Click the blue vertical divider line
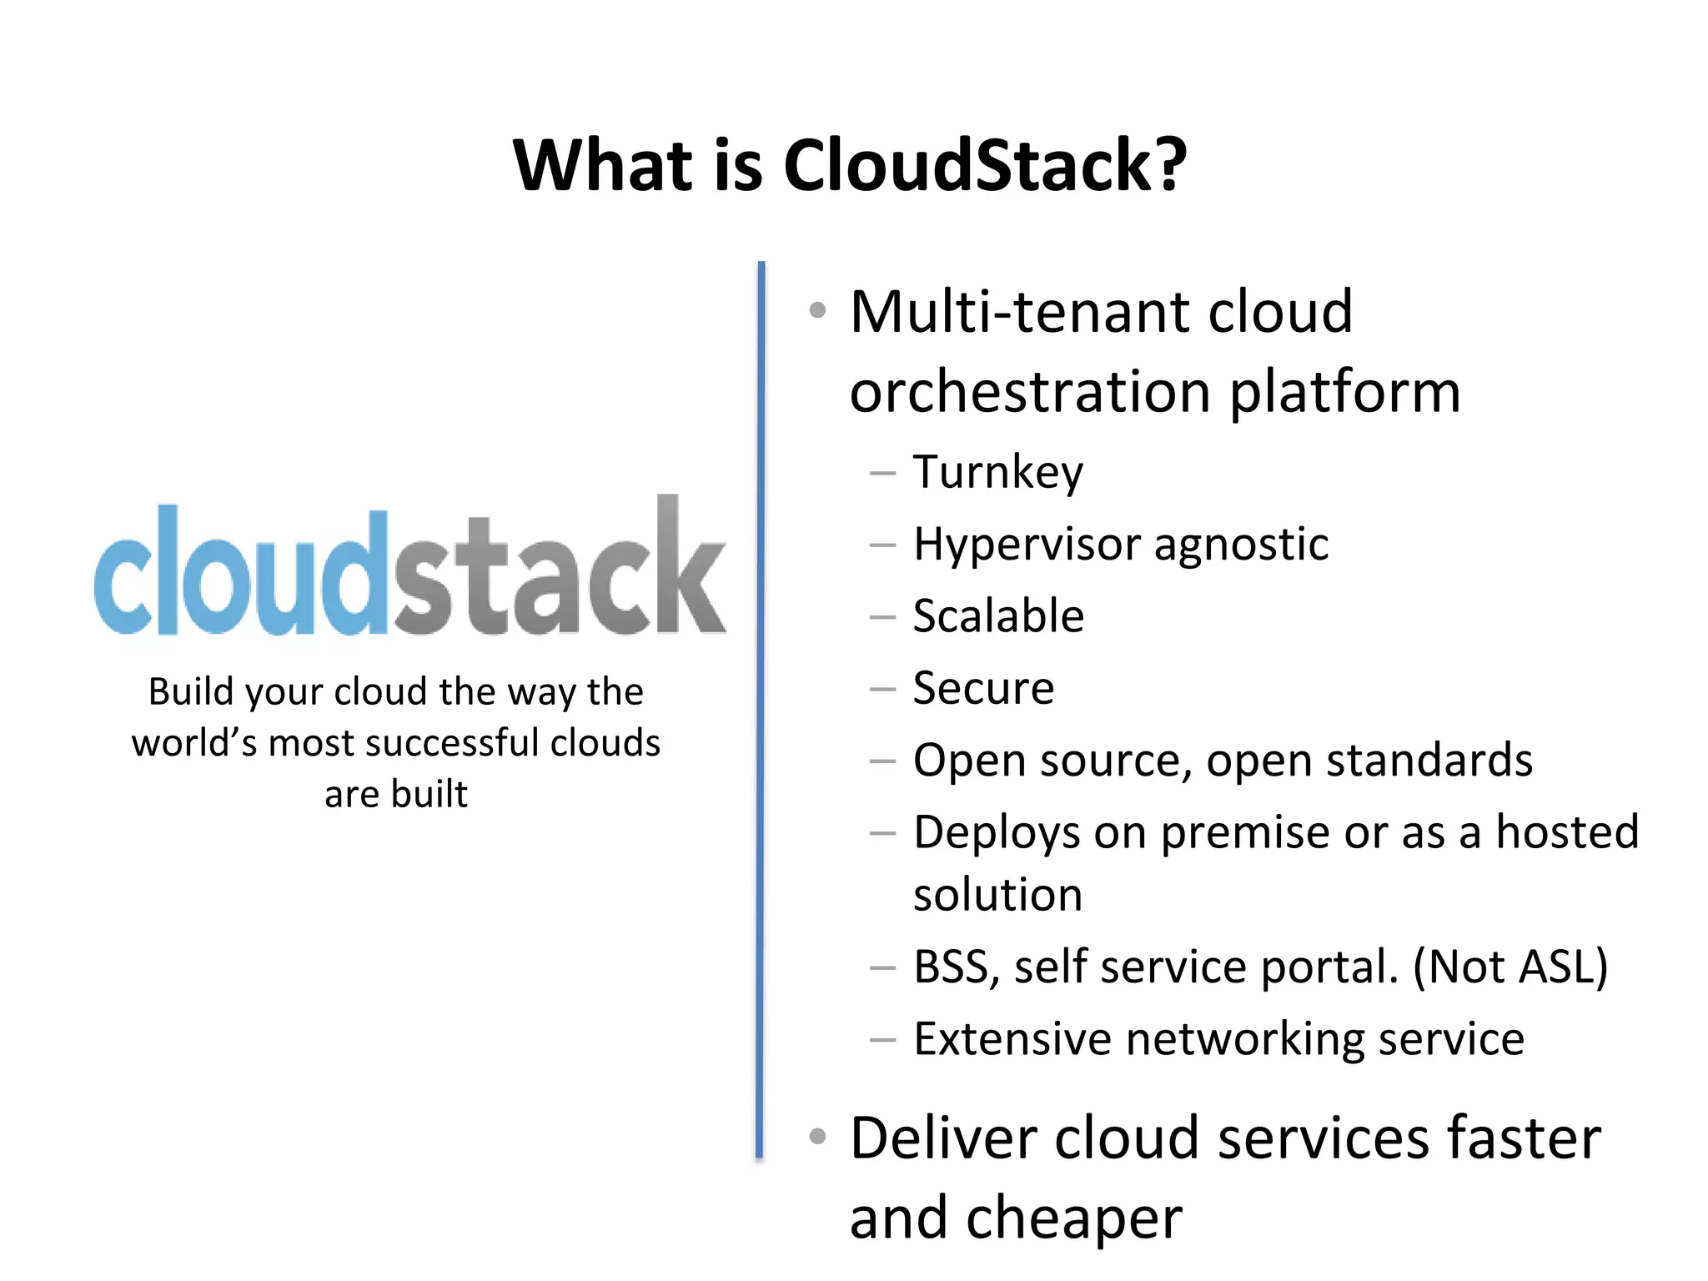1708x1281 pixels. pyautogui.click(x=761, y=709)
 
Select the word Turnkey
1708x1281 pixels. pyautogui.click(x=997, y=473)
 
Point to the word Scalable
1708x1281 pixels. pyautogui.click(x=997, y=616)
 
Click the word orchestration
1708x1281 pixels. pyautogui.click(x=1029, y=392)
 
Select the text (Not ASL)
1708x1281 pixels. pyautogui.click(x=1510, y=967)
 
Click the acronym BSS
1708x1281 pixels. pyautogui.click(x=951, y=967)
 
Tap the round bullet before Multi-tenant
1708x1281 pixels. pyautogui.click(x=817, y=311)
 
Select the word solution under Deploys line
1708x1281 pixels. pyautogui.click(x=997, y=895)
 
